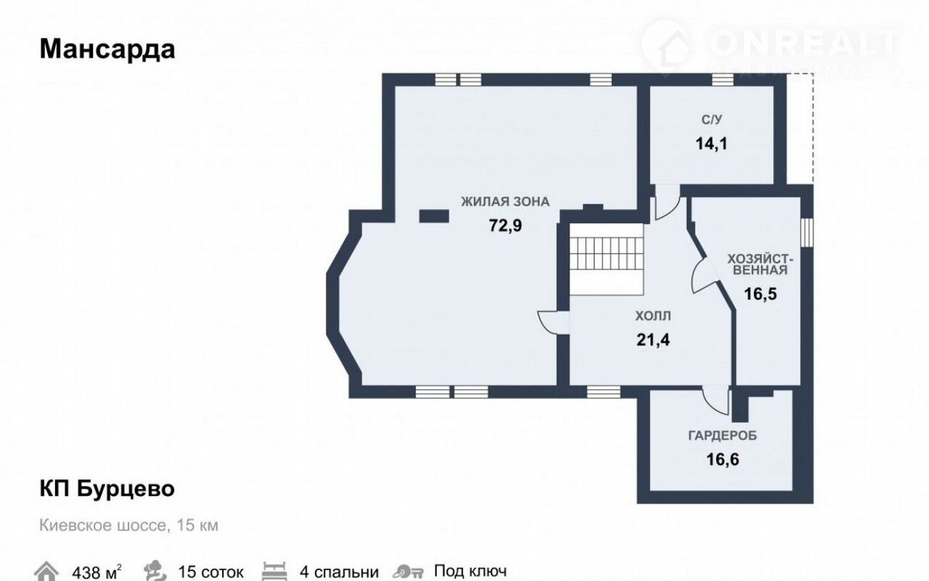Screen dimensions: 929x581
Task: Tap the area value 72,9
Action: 505,226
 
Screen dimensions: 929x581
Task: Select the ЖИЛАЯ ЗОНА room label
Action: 505,202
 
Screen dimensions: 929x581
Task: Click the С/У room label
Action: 712,120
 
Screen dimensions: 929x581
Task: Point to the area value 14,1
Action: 712,144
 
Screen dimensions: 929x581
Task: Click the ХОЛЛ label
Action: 653,316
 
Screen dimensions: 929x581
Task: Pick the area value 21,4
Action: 653,339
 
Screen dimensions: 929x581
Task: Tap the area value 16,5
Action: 760,294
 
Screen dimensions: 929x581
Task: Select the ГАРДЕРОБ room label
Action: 722,435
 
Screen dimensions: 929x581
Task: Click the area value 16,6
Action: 722,460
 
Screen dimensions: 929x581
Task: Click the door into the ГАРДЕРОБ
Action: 716,400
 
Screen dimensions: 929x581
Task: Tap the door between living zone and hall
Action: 554,322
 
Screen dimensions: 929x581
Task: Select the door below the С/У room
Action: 667,202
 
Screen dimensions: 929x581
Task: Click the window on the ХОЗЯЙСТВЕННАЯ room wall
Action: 807,233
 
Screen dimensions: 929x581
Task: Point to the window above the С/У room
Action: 723,80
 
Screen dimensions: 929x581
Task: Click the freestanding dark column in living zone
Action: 434,216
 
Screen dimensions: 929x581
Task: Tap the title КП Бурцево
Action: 107,489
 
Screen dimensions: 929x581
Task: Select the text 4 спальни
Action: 339,572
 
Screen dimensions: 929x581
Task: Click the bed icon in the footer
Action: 274,571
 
